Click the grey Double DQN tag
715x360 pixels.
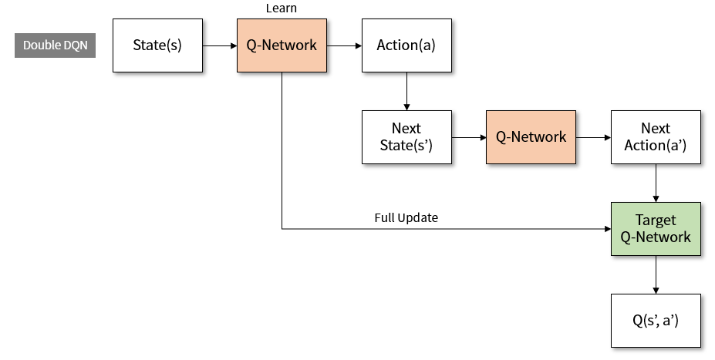[55, 45]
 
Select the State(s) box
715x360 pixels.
[157, 45]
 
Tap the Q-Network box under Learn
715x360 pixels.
[282, 45]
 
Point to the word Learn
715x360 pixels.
[282, 8]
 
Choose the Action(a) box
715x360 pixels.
[406, 45]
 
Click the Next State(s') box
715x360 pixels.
[406, 137]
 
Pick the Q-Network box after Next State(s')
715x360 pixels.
[531, 137]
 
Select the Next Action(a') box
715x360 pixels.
[656, 137]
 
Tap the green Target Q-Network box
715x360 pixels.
[656, 229]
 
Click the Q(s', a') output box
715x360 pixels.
[656, 321]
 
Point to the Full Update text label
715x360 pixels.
[406, 218]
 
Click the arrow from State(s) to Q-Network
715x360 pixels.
[220, 45]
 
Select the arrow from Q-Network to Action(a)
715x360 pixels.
[344, 45]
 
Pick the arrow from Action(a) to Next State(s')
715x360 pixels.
[406, 91]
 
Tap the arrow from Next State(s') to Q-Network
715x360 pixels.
[468, 137]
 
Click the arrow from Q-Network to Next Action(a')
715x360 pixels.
[593, 137]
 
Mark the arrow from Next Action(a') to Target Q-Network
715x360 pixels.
[656, 183]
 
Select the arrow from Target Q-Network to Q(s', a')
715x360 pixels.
[656, 274]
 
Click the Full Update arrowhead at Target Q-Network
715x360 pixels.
[606, 229]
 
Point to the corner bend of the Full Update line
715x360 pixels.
[282, 229]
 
